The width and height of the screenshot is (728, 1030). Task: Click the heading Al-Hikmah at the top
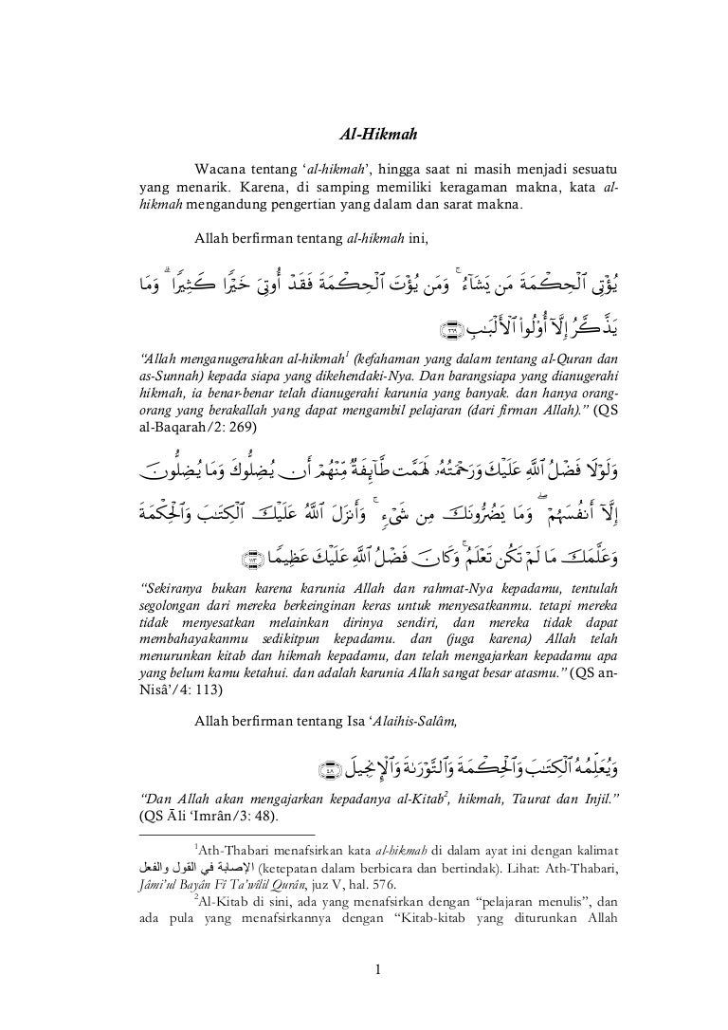click(377, 137)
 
